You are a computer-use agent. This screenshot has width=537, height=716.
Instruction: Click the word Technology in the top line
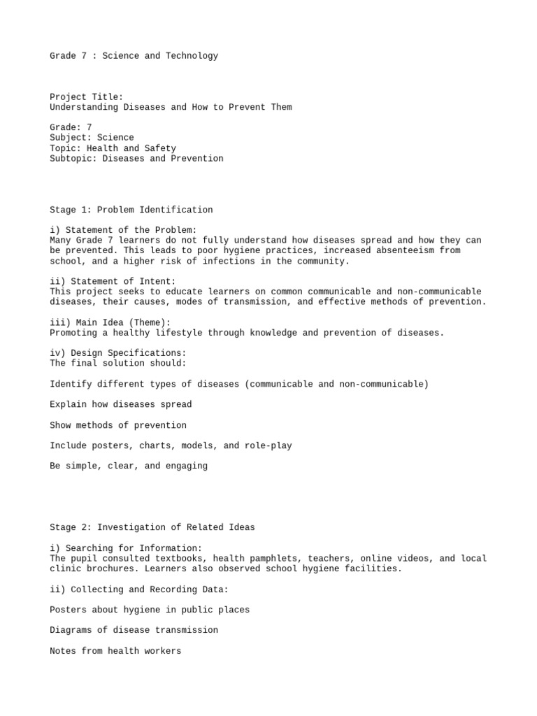pos(192,56)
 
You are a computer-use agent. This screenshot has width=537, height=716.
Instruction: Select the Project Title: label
pos(87,97)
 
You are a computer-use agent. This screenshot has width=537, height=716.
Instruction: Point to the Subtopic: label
pos(73,159)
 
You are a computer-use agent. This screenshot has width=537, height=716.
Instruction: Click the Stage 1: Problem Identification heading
pos(131,210)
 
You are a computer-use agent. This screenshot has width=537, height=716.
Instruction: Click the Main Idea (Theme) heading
pos(110,322)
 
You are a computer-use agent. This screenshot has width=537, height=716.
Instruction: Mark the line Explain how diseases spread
pos(121,404)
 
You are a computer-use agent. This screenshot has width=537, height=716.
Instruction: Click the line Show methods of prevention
pos(118,425)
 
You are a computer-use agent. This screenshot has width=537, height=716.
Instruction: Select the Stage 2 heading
pos(152,527)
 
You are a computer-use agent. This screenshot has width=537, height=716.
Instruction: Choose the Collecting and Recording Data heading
pos(139,589)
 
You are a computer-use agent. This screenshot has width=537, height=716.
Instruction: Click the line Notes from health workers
pos(115,651)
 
